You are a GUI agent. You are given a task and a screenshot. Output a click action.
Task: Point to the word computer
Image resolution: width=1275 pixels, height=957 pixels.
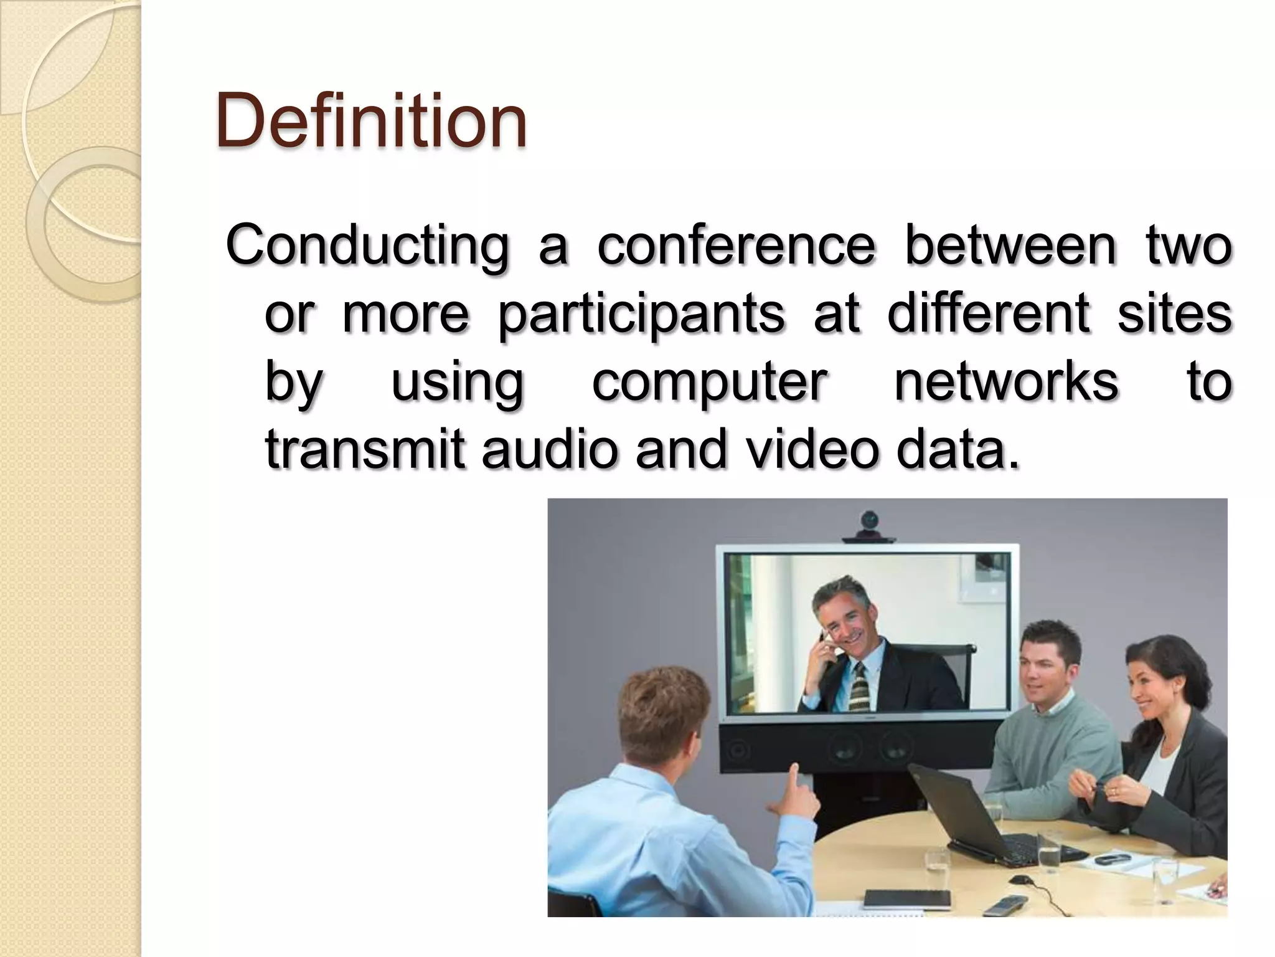710,382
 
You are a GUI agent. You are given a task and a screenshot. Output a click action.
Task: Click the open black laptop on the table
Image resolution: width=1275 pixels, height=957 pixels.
971,810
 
